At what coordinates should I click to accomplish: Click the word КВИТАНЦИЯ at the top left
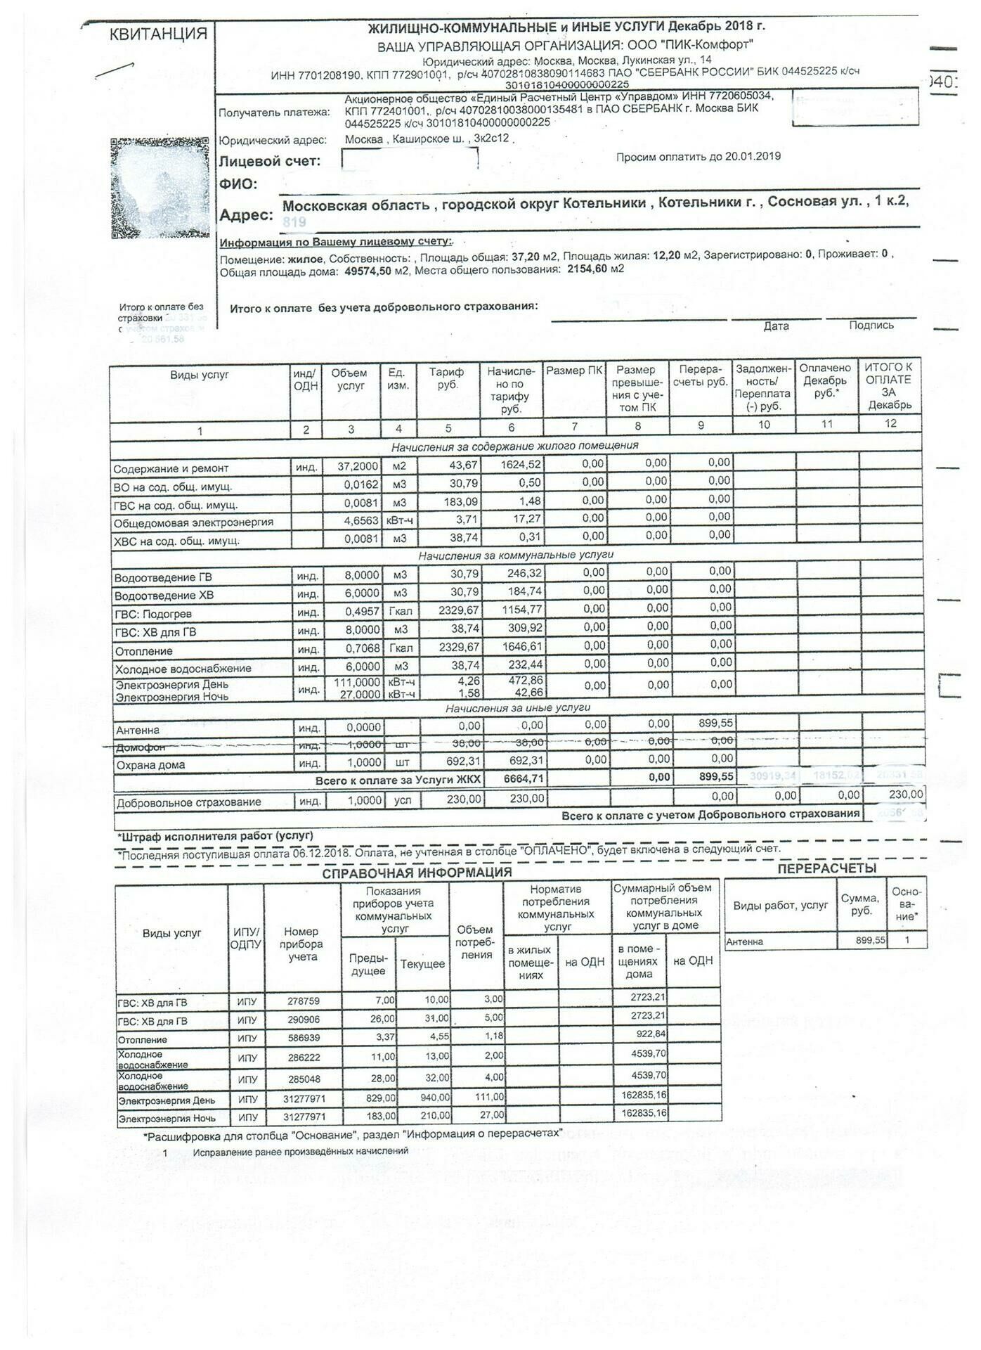click(x=158, y=34)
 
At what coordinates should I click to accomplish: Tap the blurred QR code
click(x=160, y=188)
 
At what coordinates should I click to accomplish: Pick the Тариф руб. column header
click(x=448, y=378)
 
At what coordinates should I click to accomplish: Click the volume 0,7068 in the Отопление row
click(x=363, y=648)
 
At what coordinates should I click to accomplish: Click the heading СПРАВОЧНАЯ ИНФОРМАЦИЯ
click(x=417, y=873)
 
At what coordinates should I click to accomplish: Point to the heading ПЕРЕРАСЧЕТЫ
click(x=826, y=868)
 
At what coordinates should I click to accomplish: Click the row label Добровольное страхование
click(x=188, y=802)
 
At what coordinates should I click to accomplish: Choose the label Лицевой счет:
click(x=270, y=161)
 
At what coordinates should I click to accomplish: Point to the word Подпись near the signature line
click(x=871, y=326)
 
